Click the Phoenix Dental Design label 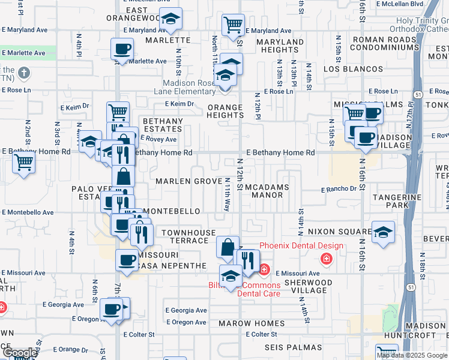tap(301, 245)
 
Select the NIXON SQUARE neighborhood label tap(339, 231)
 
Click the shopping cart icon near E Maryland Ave tap(233, 25)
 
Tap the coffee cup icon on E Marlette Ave tap(122, 49)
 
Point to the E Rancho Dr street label tap(339, 189)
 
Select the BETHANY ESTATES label tap(162, 125)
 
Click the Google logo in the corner tap(19, 353)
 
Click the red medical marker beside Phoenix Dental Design tap(326, 259)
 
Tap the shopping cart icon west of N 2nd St tap(23, 161)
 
